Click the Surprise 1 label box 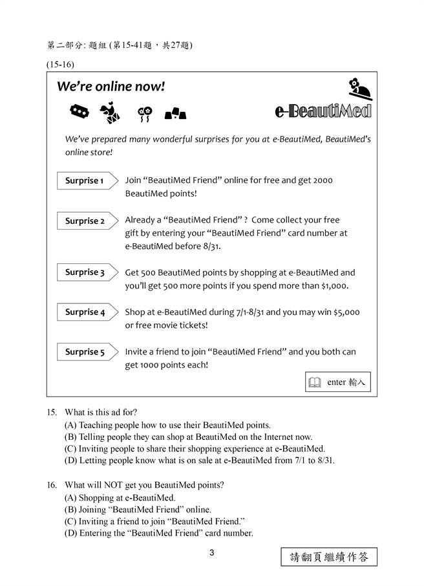(x=85, y=181)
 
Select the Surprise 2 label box (x=85, y=221)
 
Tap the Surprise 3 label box (x=85, y=273)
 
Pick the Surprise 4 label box (x=85, y=312)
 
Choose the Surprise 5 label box (x=85, y=353)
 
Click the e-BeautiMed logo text (x=323, y=112)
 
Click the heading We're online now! (x=111, y=87)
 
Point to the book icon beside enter (x=315, y=383)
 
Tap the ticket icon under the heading (x=79, y=112)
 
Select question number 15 (x=52, y=412)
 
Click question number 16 (x=52, y=484)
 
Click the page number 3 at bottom (x=211, y=552)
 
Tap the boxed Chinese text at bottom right (x=329, y=557)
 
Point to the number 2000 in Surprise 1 (x=323, y=180)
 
